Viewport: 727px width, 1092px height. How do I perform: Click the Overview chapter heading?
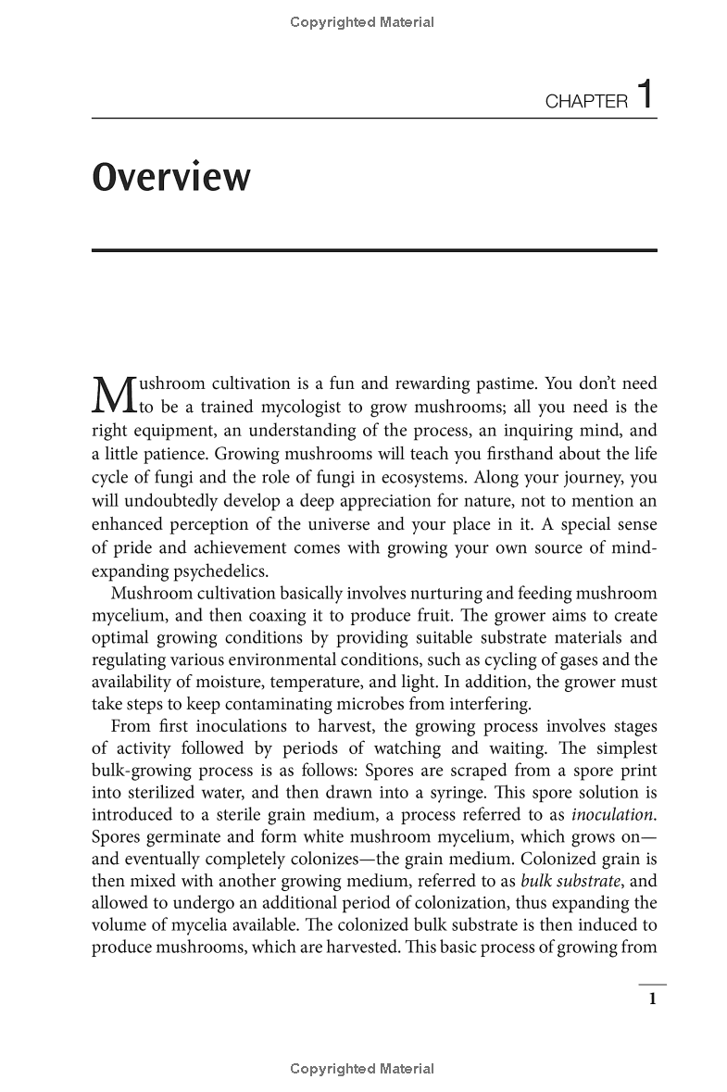point(171,177)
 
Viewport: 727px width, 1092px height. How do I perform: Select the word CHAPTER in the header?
point(586,102)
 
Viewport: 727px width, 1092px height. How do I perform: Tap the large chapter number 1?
point(646,95)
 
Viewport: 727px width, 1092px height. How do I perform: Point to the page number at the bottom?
point(652,998)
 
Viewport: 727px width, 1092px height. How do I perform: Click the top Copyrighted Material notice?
point(362,22)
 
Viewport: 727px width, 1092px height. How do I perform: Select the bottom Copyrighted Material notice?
point(362,1069)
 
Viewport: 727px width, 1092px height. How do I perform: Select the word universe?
point(328,524)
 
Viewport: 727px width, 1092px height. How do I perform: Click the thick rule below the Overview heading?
point(374,250)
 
